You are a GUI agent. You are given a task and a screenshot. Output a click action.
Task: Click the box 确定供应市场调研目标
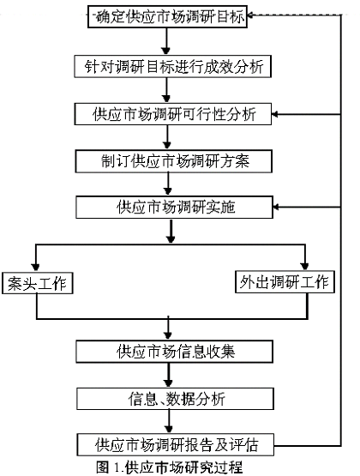coord(167,16)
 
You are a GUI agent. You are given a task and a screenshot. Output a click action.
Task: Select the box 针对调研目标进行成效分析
coord(172,66)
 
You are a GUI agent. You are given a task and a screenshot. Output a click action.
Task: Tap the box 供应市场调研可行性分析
coord(173,114)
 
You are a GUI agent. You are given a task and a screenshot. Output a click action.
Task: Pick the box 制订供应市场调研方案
coord(173,161)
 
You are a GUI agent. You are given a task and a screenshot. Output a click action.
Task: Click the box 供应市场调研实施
coord(174,208)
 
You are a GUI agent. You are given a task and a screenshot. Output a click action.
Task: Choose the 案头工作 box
coord(38,283)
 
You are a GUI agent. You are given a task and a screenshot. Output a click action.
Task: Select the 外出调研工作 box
coord(285,282)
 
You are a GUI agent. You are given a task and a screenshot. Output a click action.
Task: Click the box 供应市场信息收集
coord(174,352)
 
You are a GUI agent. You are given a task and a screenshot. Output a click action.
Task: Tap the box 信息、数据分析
coord(175,399)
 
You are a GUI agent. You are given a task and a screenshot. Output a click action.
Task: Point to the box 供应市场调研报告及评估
coord(176,445)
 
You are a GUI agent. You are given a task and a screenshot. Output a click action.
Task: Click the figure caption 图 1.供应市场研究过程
coord(169,467)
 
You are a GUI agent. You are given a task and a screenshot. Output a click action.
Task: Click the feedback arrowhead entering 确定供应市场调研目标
coord(251,15)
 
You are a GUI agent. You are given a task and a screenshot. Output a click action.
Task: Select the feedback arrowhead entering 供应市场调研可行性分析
coord(275,114)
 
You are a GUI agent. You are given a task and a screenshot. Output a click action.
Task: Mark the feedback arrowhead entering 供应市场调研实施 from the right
coord(277,207)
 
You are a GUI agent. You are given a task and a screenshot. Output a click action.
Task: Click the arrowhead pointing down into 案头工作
coord(36,268)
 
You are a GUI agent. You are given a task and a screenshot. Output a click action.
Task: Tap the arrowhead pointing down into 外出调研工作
coord(305,266)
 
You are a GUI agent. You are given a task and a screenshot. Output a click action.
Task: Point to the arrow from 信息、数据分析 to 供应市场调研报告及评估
coord(169,422)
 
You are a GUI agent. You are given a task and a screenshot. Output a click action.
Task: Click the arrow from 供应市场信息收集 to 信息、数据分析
coord(169,375)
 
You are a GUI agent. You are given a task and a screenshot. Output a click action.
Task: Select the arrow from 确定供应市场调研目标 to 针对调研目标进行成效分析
coord(166,41)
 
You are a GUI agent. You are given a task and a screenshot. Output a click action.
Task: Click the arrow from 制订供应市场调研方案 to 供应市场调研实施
coord(168,184)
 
